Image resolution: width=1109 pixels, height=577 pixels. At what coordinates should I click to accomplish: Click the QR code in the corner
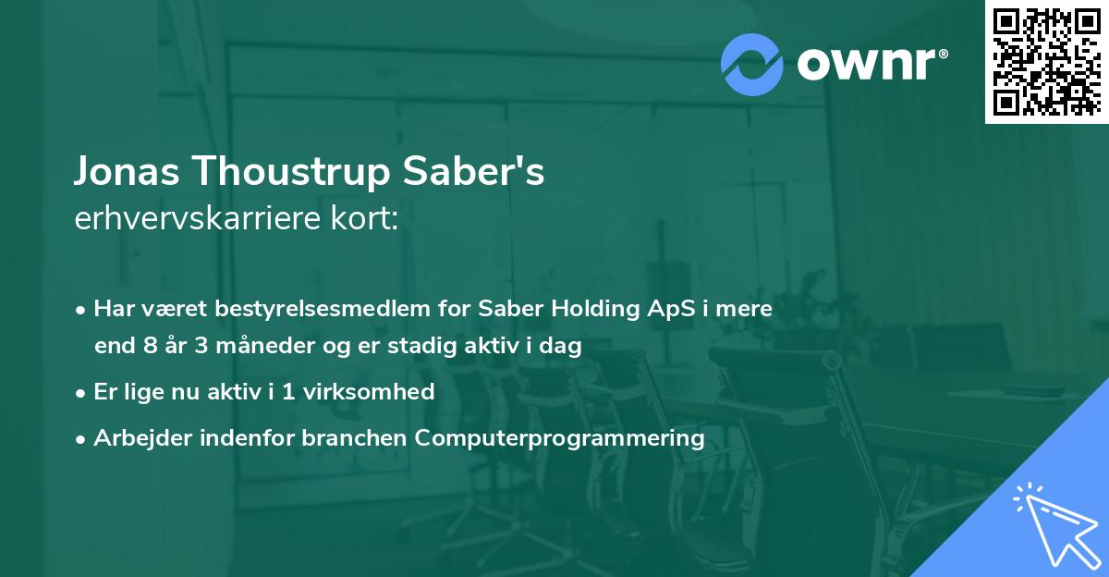[x=1046, y=62]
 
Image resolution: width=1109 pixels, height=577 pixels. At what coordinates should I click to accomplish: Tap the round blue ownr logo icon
[x=751, y=65]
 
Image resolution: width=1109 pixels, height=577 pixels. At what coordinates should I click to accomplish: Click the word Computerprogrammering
[x=560, y=437]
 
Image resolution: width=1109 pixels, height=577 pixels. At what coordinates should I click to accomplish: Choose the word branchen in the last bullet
[x=355, y=437]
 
